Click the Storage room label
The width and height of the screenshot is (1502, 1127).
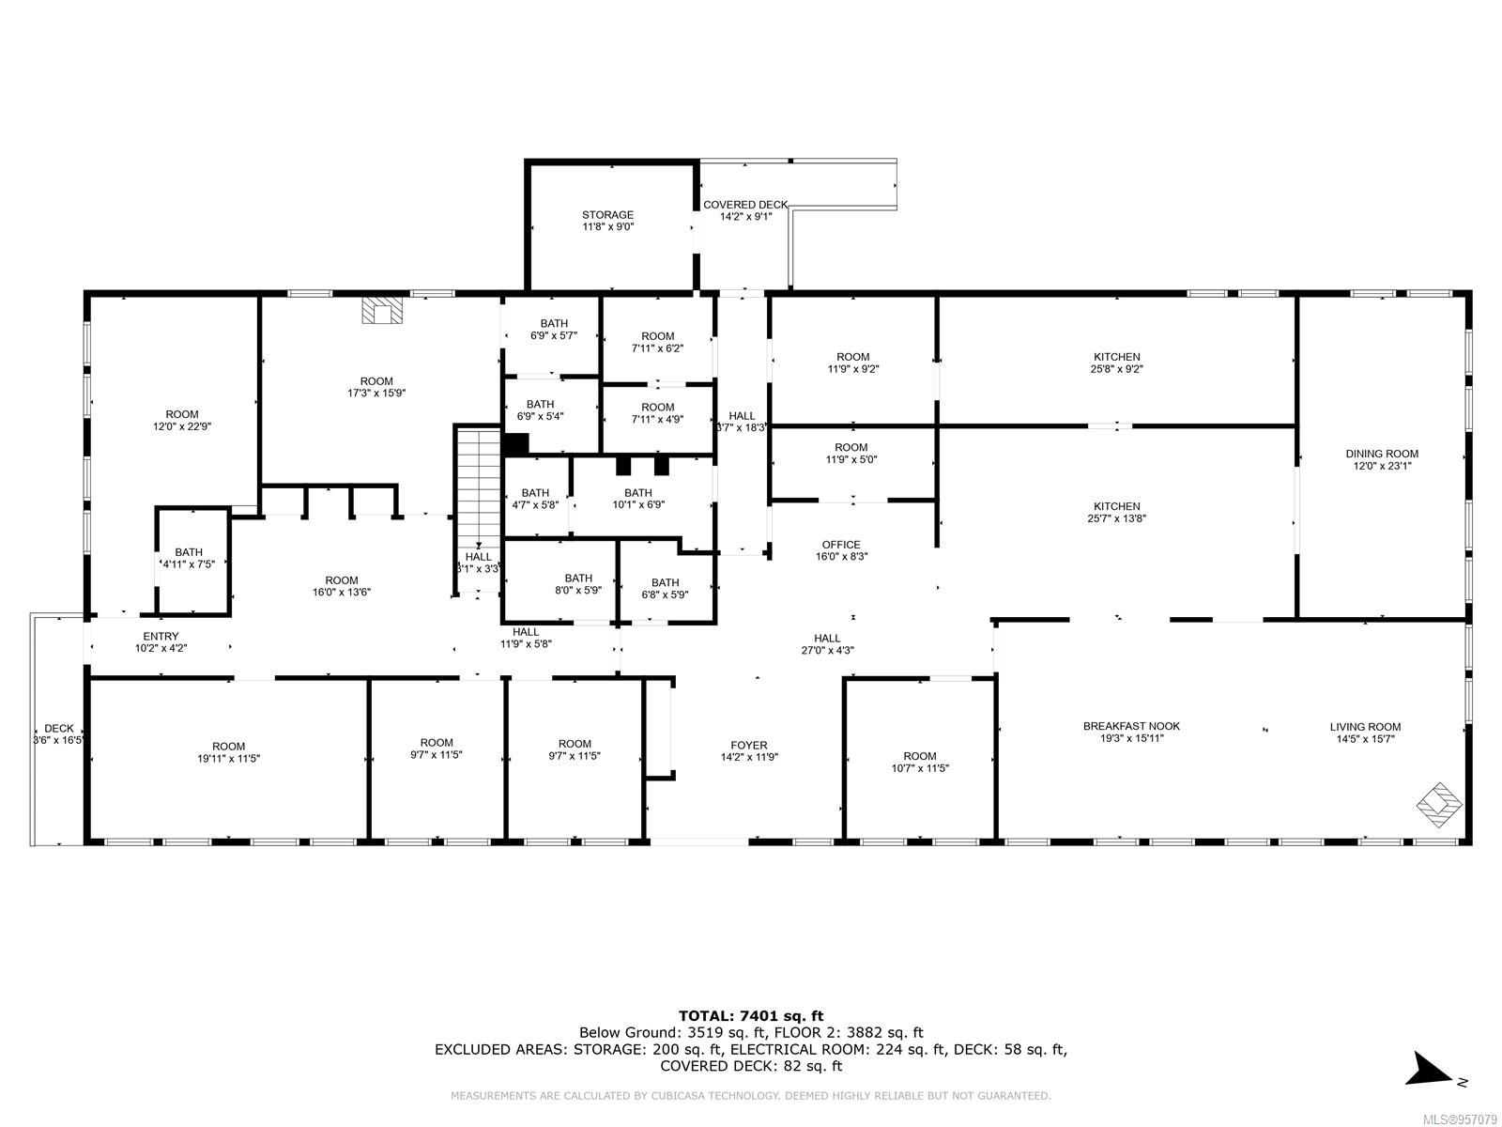tap(607, 215)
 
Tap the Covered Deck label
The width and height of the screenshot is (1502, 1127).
tap(745, 205)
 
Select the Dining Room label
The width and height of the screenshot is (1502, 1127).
tap(1382, 454)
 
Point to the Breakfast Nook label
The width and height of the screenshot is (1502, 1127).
tap(1131, 726)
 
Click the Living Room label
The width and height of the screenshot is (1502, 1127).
tap(1365, 727)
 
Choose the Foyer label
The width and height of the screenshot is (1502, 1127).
tap(748, 745)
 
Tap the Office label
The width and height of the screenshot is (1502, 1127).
tap(841, 545)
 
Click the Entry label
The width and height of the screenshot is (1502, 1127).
tap(161, 637)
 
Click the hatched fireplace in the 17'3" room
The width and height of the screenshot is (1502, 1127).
tap(382, 310)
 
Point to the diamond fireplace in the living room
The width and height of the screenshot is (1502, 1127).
tap(1439, 805)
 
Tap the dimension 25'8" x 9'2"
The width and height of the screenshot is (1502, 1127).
tap(1117, 369)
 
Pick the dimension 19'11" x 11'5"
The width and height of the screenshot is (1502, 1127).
tap(228, 758)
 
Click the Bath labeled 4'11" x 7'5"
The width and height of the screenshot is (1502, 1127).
tap(188, 559)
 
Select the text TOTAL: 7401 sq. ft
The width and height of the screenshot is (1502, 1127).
tap(751, 1016)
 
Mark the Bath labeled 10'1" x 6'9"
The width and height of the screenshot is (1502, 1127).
tap(637, 499)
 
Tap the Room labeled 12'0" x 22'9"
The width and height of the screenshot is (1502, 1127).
tap(182, 420)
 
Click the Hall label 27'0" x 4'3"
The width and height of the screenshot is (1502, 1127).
tap(827, 644)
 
